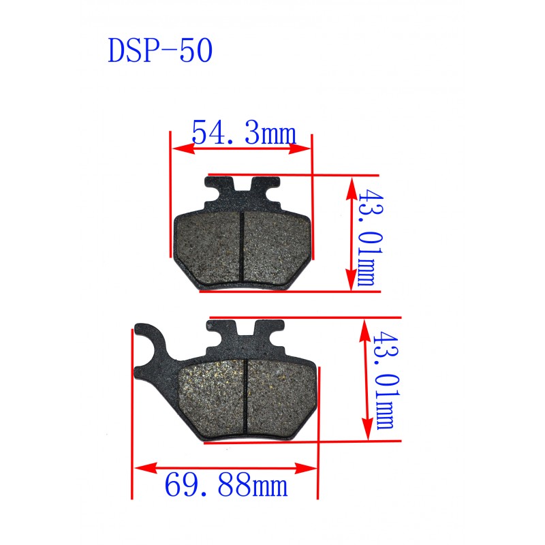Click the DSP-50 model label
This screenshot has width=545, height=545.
160,50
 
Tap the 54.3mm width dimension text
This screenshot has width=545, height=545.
244,132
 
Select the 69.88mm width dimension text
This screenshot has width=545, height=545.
226,485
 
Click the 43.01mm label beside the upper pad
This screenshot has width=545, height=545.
371,237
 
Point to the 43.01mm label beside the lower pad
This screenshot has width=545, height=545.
386,380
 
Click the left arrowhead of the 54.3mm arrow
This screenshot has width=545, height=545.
183,149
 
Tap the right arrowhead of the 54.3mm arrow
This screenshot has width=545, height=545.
300,149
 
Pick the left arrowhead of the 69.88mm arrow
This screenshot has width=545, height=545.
146,468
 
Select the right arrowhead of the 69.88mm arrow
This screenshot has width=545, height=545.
306,468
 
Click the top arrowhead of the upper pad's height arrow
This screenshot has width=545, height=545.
352,189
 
